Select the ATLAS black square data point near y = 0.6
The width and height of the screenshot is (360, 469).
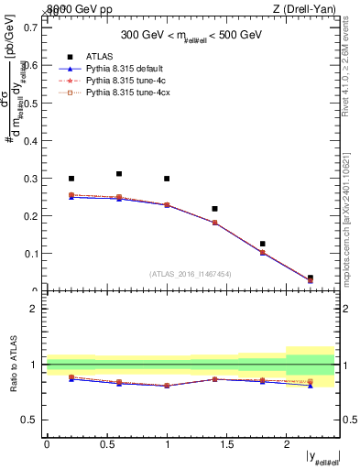(119, 173)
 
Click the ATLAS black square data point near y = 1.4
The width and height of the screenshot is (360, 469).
(214, 209)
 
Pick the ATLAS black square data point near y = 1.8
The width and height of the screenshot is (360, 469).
(262, 244)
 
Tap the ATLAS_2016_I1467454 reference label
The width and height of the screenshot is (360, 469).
(190, 274)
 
